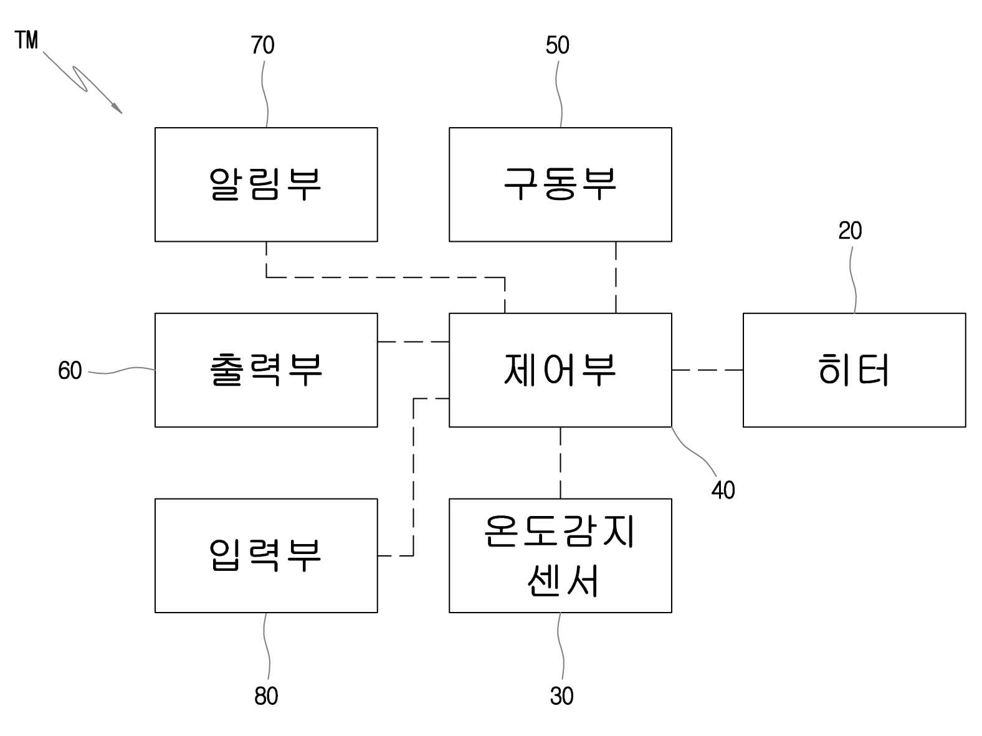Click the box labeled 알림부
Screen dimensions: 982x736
pos(265,184)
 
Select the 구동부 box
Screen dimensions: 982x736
pos(560,184)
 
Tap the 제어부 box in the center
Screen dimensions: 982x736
pos(560,370)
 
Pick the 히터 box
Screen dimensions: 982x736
pos(854,370)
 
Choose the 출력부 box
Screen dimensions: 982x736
pos(265,370)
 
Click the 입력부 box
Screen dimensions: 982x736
pos(265,555)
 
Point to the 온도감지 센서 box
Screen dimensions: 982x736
pos(560,555)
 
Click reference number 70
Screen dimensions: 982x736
pos(262,45)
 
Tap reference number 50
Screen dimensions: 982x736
pos(557,45)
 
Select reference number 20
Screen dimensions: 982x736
pos(850,231)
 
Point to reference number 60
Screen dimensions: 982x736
pos(70,370)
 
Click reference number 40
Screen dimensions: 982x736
pos(723,490)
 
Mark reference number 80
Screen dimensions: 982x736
pos(266,696)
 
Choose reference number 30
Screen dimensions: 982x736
pos(561,696)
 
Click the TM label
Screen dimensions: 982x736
pos(26,40)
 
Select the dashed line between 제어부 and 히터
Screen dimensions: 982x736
pos(707,370)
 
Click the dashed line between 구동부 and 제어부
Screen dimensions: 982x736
pos(616,277)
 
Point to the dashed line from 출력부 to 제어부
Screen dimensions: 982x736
pos(413,342)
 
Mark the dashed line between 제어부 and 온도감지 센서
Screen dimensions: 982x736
pos(560,462)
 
